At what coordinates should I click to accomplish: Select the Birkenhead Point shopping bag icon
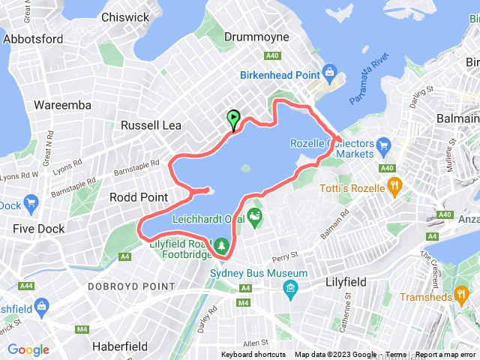pos(328,72)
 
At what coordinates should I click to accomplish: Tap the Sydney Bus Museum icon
pos(290,288)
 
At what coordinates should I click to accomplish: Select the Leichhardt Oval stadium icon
pos(256,218)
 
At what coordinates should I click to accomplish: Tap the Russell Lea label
pos(151,124)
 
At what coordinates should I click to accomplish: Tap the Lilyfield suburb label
pos(346,282)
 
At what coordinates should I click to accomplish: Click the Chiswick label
pos(124,16)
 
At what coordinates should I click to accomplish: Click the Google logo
pos(28,349)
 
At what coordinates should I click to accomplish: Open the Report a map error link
pos(445,355)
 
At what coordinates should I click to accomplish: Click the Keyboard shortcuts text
pos(253,355)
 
